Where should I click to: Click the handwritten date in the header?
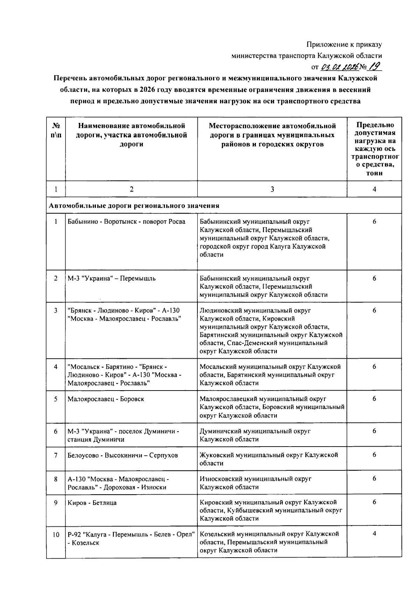click(x=338, y=67)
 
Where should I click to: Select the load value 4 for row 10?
click(x=374, y=534)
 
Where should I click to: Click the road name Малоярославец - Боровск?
click(x=106, y=399)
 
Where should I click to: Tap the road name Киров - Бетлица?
click(x=92, y=503)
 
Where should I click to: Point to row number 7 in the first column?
click(x=56, y=455)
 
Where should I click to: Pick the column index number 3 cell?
click(x=272, y=189)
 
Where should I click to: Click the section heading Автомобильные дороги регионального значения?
click(x=134, y=206)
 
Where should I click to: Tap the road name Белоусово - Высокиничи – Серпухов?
click(x=122, y=455)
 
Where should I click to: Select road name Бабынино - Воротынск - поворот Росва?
click(x=126, y=221)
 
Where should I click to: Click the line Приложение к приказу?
click(x=344, y=44)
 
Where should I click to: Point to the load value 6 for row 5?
click(x=374, y=399)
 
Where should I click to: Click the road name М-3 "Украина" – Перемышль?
click(x=112, y=278)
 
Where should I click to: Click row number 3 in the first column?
click(x=56, y=310)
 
